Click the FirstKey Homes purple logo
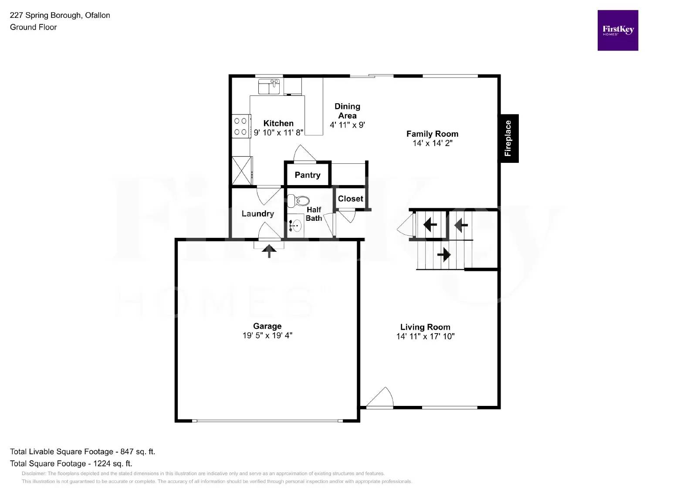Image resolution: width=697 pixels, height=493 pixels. pyautogui.click(x=617, y=30)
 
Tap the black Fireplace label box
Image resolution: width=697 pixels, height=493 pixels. pyautogui.click(x=508, y=138)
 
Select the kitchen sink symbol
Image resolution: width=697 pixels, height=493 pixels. pyautogui.click(x=269, y=86)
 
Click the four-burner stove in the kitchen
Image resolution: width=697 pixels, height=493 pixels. pyautogui.click(x=241, y=126)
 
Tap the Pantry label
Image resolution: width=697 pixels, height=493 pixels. pyautogui.click(x=307, y=175)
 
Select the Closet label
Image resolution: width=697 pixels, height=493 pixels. pyautogui.click(x=350, y=199)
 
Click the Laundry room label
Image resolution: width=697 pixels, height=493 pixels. pyautogui.click(x=257, y=213)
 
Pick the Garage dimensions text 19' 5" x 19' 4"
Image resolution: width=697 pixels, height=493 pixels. pyautogui.click(x=267, y=335)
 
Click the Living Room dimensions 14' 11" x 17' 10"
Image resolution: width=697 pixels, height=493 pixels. pyautogui.click(x=425, y=336)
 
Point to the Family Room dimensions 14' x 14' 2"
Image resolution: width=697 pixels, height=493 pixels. pyautogui.click(x=432, y=143)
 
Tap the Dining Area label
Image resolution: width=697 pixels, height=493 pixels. pyautogui.click(x=347, y=111)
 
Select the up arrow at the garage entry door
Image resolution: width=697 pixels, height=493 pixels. pyautogui.click(x=269, y=251)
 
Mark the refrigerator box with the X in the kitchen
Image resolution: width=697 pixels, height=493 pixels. pyautogui.click(x=241, y=170)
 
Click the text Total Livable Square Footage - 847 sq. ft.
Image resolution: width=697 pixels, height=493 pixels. pyautogui.click(x=82, y=452)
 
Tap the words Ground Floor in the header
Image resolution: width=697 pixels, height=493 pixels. pyautogui.click(x=33, y=27)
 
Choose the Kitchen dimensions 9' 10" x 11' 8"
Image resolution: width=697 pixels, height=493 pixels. pyautogui.click(x=278, y=132)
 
